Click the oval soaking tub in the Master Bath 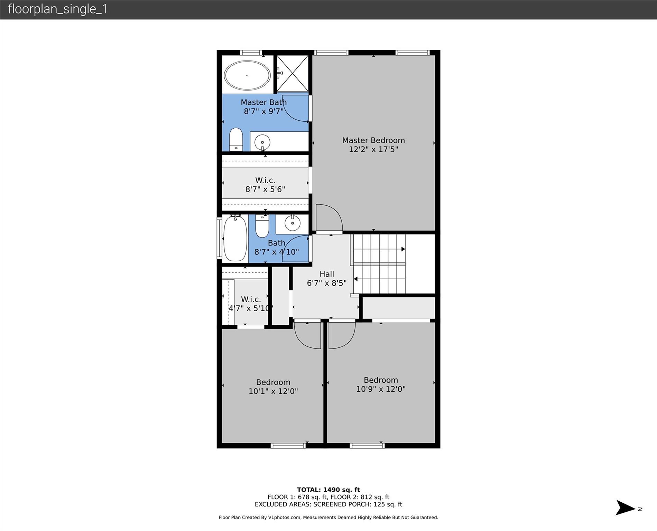[x=247, y=75]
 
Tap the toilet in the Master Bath [x=236, y=139]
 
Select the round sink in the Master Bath [x=262, y=142]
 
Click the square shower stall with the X [x=293, y=74]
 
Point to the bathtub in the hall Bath [x=235, y=238]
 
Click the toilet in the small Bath [x=262, y=226]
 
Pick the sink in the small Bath [x=293, y=223]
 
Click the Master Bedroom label [x=373, y=140]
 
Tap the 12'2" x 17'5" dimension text [x=373, y=149]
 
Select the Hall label [x=327, y=274]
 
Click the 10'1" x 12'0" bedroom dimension [x=273, y=391]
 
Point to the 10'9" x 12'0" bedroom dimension [x=381, y=389]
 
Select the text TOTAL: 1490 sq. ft [x=328, y=490]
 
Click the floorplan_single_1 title [x=58, y=9]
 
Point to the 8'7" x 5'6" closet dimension [x=265, y=189]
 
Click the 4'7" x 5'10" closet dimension [x=251, y=308]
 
